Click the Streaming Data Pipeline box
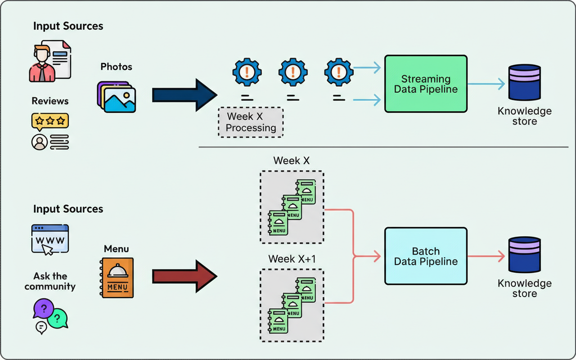click(x=426, y=84)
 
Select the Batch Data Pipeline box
click(x=426, y=256)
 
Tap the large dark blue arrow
click(x=184, y=95)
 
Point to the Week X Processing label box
click(x=251, y=122)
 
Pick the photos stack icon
click(x=117, y=97)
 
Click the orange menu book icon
click(x=117, y=278)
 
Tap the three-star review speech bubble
click(x=50, y=121)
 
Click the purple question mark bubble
click(x=44, y=309)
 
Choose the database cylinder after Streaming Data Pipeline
click(x=524, y=82)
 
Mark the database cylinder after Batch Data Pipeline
click(x=524, y=255)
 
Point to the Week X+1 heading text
click(x=291, y=259)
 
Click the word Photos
click(x=117, y=67)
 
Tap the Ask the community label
click(x=50, y=281)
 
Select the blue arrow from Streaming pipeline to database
click(x=487, y=84)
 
